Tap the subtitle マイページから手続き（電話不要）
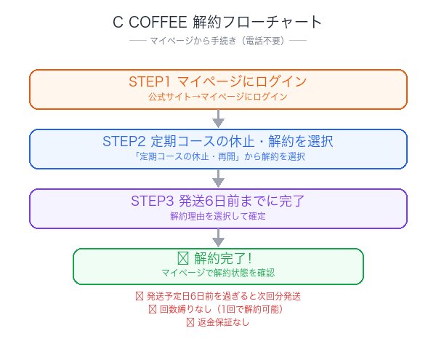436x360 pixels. (x=218, y=40)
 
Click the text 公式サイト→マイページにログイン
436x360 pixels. (x=218, y=97)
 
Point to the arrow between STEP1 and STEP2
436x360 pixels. (x=218, y=119)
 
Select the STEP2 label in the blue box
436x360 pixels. (x=127, y=141)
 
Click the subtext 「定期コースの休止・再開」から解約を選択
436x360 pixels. (x=218, y=156)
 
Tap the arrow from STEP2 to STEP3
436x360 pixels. (x=218, y=178)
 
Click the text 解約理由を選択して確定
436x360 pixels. (x=218, y=216)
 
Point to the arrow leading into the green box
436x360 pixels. (x=218, y=238)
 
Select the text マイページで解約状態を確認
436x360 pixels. (x=218, y=274)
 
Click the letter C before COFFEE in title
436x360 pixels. (x=118, y=22)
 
